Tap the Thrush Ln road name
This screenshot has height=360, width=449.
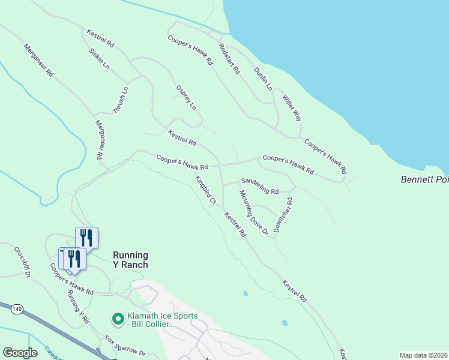121,100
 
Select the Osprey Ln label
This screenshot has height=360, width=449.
186,97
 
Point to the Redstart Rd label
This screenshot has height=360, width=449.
229,59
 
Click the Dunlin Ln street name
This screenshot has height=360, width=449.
263,79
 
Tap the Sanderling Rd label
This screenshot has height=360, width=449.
260,186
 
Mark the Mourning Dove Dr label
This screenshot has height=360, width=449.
253,213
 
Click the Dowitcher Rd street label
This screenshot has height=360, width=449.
282,215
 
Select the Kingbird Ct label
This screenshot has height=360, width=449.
205,190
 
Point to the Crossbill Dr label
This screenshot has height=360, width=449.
22,263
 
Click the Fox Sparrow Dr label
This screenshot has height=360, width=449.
125,346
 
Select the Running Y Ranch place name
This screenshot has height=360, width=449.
130,259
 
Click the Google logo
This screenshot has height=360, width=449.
20,353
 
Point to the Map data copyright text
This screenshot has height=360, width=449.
423,355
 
